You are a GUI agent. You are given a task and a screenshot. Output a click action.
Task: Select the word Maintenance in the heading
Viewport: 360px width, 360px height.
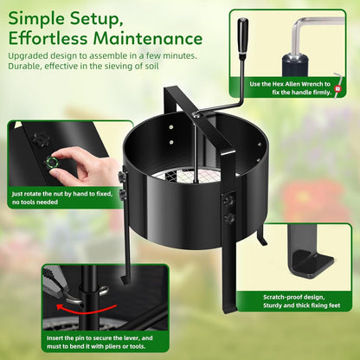pyautogui.click(x=154, y=38)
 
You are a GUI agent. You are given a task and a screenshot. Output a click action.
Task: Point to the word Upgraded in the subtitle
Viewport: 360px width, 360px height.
pyautogui.click(x=31, y=55)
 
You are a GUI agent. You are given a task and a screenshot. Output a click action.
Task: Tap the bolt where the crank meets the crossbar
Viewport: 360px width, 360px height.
pyautogui.click(x=197, y=112)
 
